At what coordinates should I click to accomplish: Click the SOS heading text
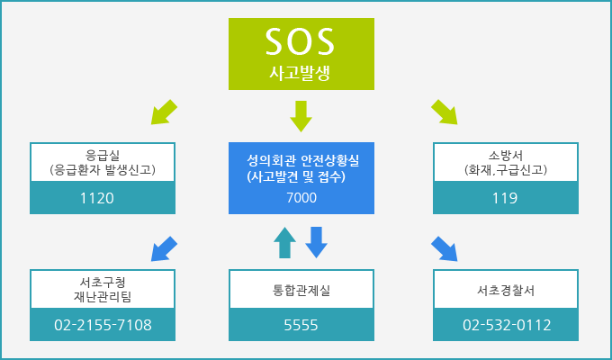click(x=300, y=41)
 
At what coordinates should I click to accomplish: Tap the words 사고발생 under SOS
click(x=300, y=73)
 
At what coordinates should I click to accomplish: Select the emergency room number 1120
click(x=97, y=198)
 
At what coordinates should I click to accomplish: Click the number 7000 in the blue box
click(x=301, y=198)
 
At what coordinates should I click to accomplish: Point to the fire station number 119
click(x=505, y=198)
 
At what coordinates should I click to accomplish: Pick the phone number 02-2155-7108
click(x=103, y=325)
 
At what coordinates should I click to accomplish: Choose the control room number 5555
click(x=301, y=325)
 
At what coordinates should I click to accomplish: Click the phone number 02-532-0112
click(x=507, y=325)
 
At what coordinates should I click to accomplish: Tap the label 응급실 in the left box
click(x=103, y=155)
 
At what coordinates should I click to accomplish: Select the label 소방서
click(x=506, y=155)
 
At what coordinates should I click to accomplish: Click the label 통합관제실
click(x=301, y=290)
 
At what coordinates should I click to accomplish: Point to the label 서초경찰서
click(x=506, y=290)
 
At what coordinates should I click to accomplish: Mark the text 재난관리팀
click(x=103, y=297)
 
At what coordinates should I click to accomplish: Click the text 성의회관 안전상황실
click(x=303, y=160)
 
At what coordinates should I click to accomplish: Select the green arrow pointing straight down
click(x=301, y=116)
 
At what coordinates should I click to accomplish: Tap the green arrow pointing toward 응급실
click(x=164, y=112)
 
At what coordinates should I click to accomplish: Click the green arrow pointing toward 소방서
click(x=445, y=112)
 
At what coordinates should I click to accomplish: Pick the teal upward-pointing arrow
click(x=284, y=242)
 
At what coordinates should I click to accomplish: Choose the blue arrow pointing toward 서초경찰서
click(x=445, y=248)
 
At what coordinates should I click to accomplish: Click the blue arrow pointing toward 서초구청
click(x=164, y=249)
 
